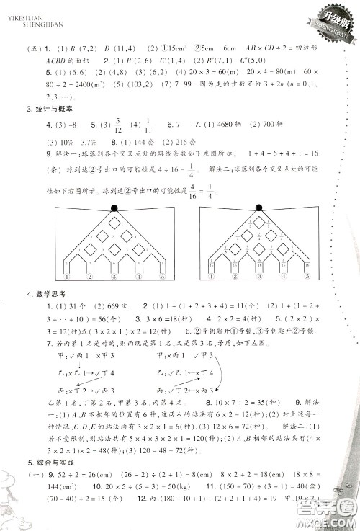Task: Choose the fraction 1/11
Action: [148, 125]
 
